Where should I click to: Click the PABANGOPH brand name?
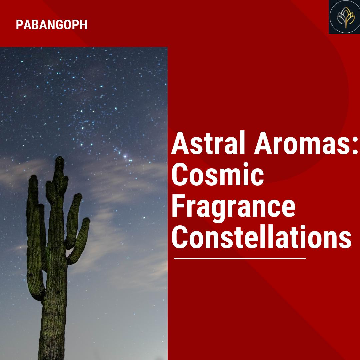[x=52, y=25]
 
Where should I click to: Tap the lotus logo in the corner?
[x=344, y=17]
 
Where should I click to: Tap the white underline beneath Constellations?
[x=240, y=258]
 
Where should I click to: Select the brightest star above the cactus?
[x=125, y=156]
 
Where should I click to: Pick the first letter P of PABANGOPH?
[x=19, y=25]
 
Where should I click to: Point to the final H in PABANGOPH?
[x=84, y=25]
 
